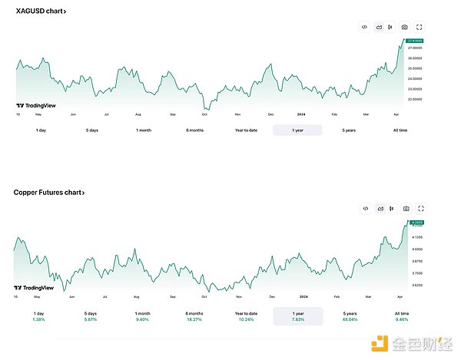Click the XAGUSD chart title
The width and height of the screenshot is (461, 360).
coord(40,12)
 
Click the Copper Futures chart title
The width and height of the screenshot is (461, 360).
coord(48,193)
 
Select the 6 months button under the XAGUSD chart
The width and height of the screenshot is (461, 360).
coord(194,130)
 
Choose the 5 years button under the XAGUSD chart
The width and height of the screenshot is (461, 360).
coord(349,130)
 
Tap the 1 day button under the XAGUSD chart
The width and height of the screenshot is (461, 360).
coord(41,130)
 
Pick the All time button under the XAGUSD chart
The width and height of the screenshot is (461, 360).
coord(400,130)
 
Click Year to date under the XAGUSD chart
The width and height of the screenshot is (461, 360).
coord(246,130)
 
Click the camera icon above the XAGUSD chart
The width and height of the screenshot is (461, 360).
coord(405,28)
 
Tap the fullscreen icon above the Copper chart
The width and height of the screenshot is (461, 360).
coord(421,208)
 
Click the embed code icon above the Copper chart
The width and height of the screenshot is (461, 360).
coord(366,208)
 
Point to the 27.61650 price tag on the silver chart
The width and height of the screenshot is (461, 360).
coord(416,41)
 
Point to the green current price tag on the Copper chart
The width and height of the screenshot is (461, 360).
coord(416,223)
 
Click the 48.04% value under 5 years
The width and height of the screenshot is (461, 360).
coord(349,319)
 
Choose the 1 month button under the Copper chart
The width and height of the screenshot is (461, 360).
coord(143,313)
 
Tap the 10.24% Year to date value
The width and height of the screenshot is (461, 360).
coord(246,319)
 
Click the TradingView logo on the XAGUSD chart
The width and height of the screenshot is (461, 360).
coord(30,107)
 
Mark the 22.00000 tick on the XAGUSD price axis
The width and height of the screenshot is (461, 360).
coord(416,99)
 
